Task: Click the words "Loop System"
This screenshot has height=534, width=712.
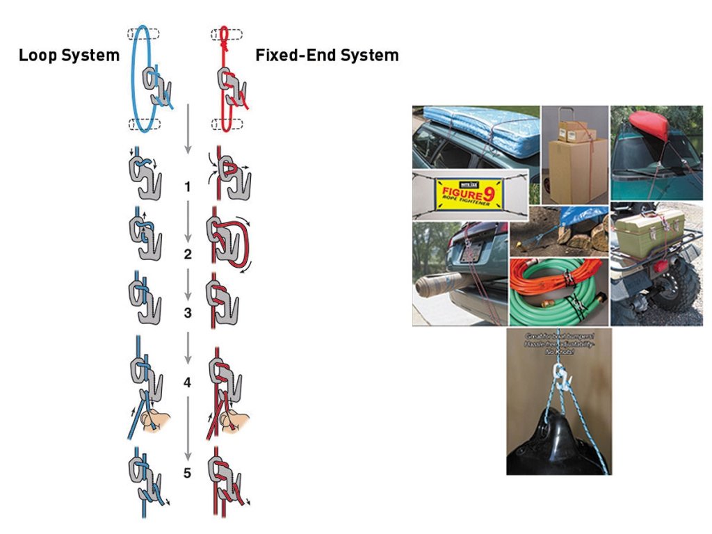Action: click(69, 56)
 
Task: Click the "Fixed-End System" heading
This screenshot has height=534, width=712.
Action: click(327, 56)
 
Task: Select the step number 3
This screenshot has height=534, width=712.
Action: click(187, 313)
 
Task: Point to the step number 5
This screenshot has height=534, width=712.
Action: click(187, 474)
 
